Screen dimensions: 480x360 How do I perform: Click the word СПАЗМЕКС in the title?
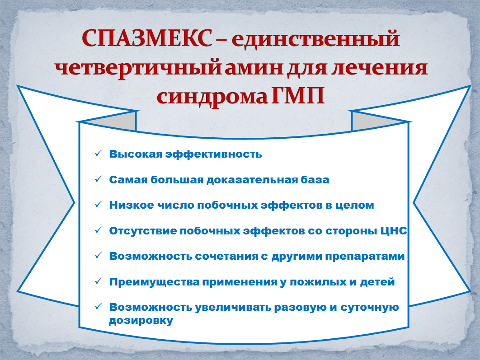click(147, 38)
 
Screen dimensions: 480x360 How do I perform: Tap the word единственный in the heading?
click(315, 39)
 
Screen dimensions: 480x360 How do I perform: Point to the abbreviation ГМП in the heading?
click(298, 96)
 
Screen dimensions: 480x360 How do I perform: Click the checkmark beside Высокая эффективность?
click(98, 153)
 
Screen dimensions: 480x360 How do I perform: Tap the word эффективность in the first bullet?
click(214, 154)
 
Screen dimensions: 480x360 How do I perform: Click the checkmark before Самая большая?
click(98, 178)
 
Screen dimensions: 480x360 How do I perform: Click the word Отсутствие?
click(143, 231)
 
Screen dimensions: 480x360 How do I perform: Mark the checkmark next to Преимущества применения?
click(98, 281)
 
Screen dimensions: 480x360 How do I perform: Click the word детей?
click(377, 282)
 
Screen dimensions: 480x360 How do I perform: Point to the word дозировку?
click(141, 321)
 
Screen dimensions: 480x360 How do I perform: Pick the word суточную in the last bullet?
click(369, 308)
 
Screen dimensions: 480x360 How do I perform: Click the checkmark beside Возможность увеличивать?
click(98, 306)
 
